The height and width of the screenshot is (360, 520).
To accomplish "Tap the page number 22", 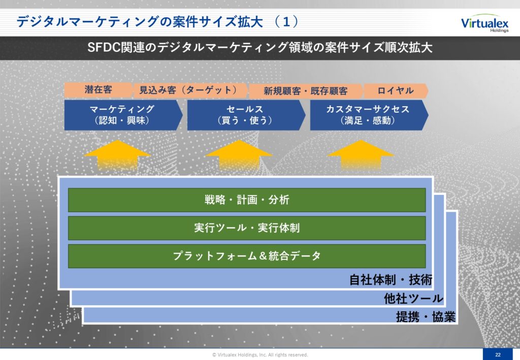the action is pyautogui.click(x=498, y=354).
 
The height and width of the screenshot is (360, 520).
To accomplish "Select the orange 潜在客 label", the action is pyautogui.click(x=98, y=90).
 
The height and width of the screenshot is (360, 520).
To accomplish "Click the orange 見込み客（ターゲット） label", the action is pyautogui.click(x=189, y=90).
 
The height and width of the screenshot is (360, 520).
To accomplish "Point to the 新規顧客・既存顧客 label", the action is pyautogui.click(x=305, y=91).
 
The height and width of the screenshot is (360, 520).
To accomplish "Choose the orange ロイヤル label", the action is pyautogui.click(x=396, y=91).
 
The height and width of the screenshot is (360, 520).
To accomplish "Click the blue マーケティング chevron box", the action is pyautogui.click(x=123, y=115).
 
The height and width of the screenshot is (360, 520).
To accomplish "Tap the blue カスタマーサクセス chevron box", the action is pyautogui.click(x=369, y=115).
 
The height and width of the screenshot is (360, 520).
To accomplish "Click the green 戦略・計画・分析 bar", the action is pyautogui.click(x=247, y=200).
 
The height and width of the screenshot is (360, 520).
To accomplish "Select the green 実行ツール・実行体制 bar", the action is pyautogui.click(x=247, y=228).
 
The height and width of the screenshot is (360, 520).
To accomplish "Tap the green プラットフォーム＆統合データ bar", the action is pyautogui.click(x=247, y=256).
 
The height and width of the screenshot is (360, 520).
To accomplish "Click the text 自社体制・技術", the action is pyautogui.click(x=391, y=280).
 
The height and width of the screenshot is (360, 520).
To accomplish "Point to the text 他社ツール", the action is pyautogui.click(x=413, y=299).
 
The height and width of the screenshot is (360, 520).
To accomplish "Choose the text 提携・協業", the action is pyautogui.click(x=426, y=317).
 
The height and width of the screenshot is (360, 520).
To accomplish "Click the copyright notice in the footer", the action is pyautogui.click(x=260, y=355).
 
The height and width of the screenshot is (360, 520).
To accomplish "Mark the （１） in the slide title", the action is pyautogui.click(x=286, y=22).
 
